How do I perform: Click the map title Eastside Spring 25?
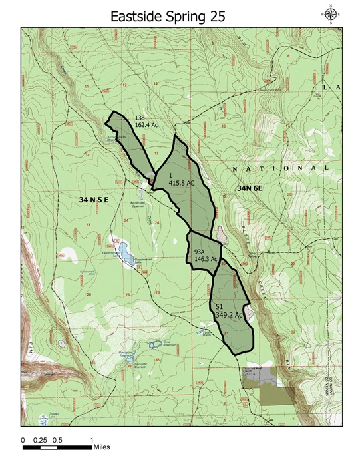point(178,15)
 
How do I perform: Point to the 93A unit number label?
point(200,252)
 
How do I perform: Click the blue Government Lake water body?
point(124,251)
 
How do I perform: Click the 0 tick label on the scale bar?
point(24,440)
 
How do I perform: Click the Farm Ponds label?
point(207,332)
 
